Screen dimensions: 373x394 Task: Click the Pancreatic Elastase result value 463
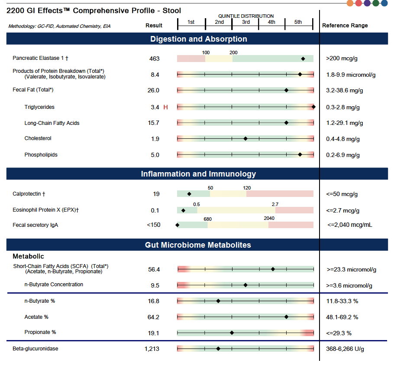click(154, 59)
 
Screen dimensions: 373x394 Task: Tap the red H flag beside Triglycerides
click(165, 107)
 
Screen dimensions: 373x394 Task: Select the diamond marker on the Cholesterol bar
click(245, 139)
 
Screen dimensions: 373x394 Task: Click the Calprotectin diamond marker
click(189, 194)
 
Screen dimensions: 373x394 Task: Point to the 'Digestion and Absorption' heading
click(198, 39)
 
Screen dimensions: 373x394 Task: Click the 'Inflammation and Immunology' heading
click(198, 174)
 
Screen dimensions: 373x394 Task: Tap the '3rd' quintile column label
click(245, 22)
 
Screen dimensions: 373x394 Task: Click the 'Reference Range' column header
click(345, 26)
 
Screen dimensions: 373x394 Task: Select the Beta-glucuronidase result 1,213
click(152, 349)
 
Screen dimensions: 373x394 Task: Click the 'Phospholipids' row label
click(41, 155)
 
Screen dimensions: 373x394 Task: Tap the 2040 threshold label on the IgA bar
click(269, 218)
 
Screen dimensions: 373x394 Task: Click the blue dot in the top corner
click(384, 3)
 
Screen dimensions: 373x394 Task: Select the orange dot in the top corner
click(350, 3)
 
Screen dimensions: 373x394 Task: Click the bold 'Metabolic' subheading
click(28, 256)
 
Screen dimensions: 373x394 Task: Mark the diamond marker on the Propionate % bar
click(232, 333)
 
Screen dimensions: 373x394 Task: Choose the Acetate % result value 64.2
click(153, 317)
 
